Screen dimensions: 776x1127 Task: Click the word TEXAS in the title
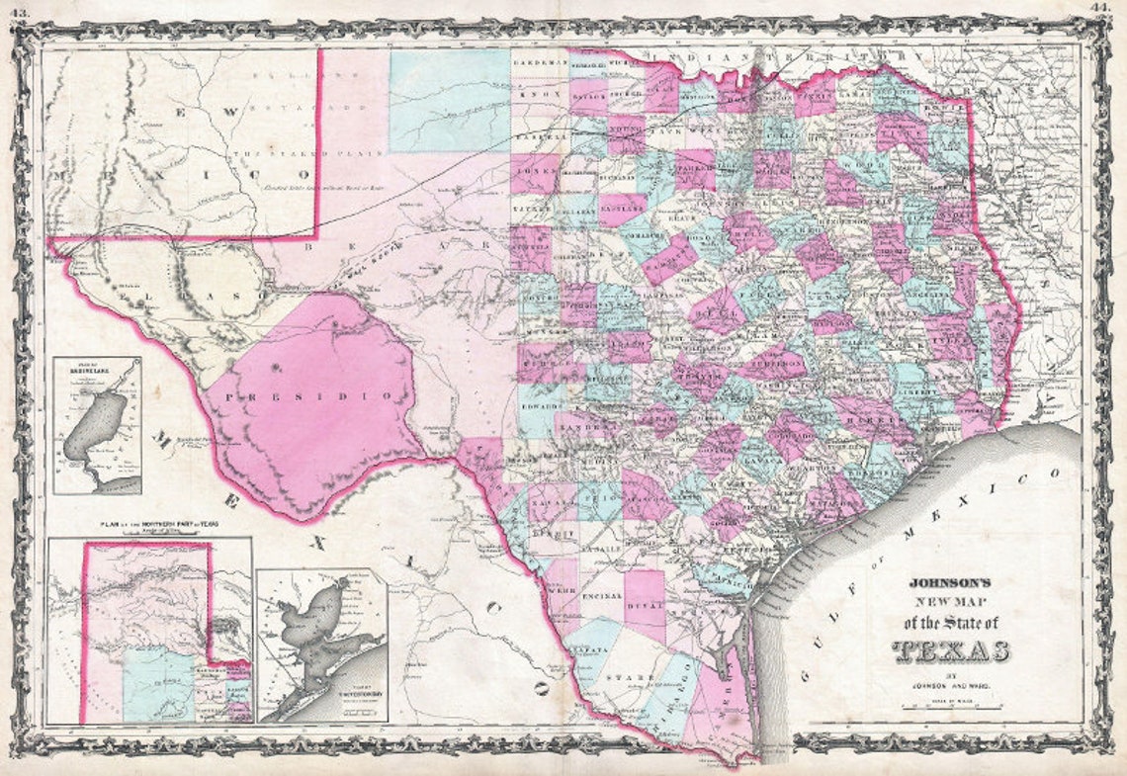click(951, 650)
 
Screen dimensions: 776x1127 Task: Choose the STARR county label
click(625, 677)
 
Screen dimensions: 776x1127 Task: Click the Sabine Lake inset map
click(97, 426)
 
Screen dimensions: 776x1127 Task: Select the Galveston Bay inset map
click(321, 645)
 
